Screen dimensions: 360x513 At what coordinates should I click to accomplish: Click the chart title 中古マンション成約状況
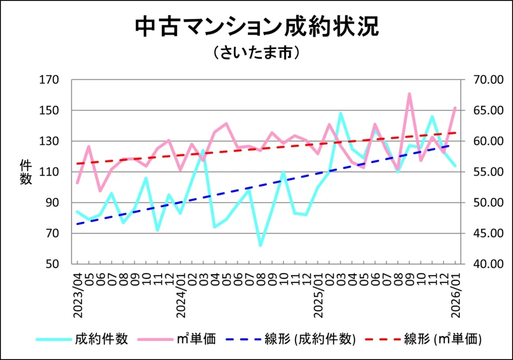(256, 27)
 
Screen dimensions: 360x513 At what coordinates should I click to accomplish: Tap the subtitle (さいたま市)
(256, 53)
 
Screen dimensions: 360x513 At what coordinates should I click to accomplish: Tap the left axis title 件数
(26, 172)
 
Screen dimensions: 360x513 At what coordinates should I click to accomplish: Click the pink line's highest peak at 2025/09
(409, 94)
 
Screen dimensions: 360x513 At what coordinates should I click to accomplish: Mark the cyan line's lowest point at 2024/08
(261, 245)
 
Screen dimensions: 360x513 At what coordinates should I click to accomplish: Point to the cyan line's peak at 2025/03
(341, 113)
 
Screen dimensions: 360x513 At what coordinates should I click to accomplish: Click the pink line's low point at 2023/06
(100, 191)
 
